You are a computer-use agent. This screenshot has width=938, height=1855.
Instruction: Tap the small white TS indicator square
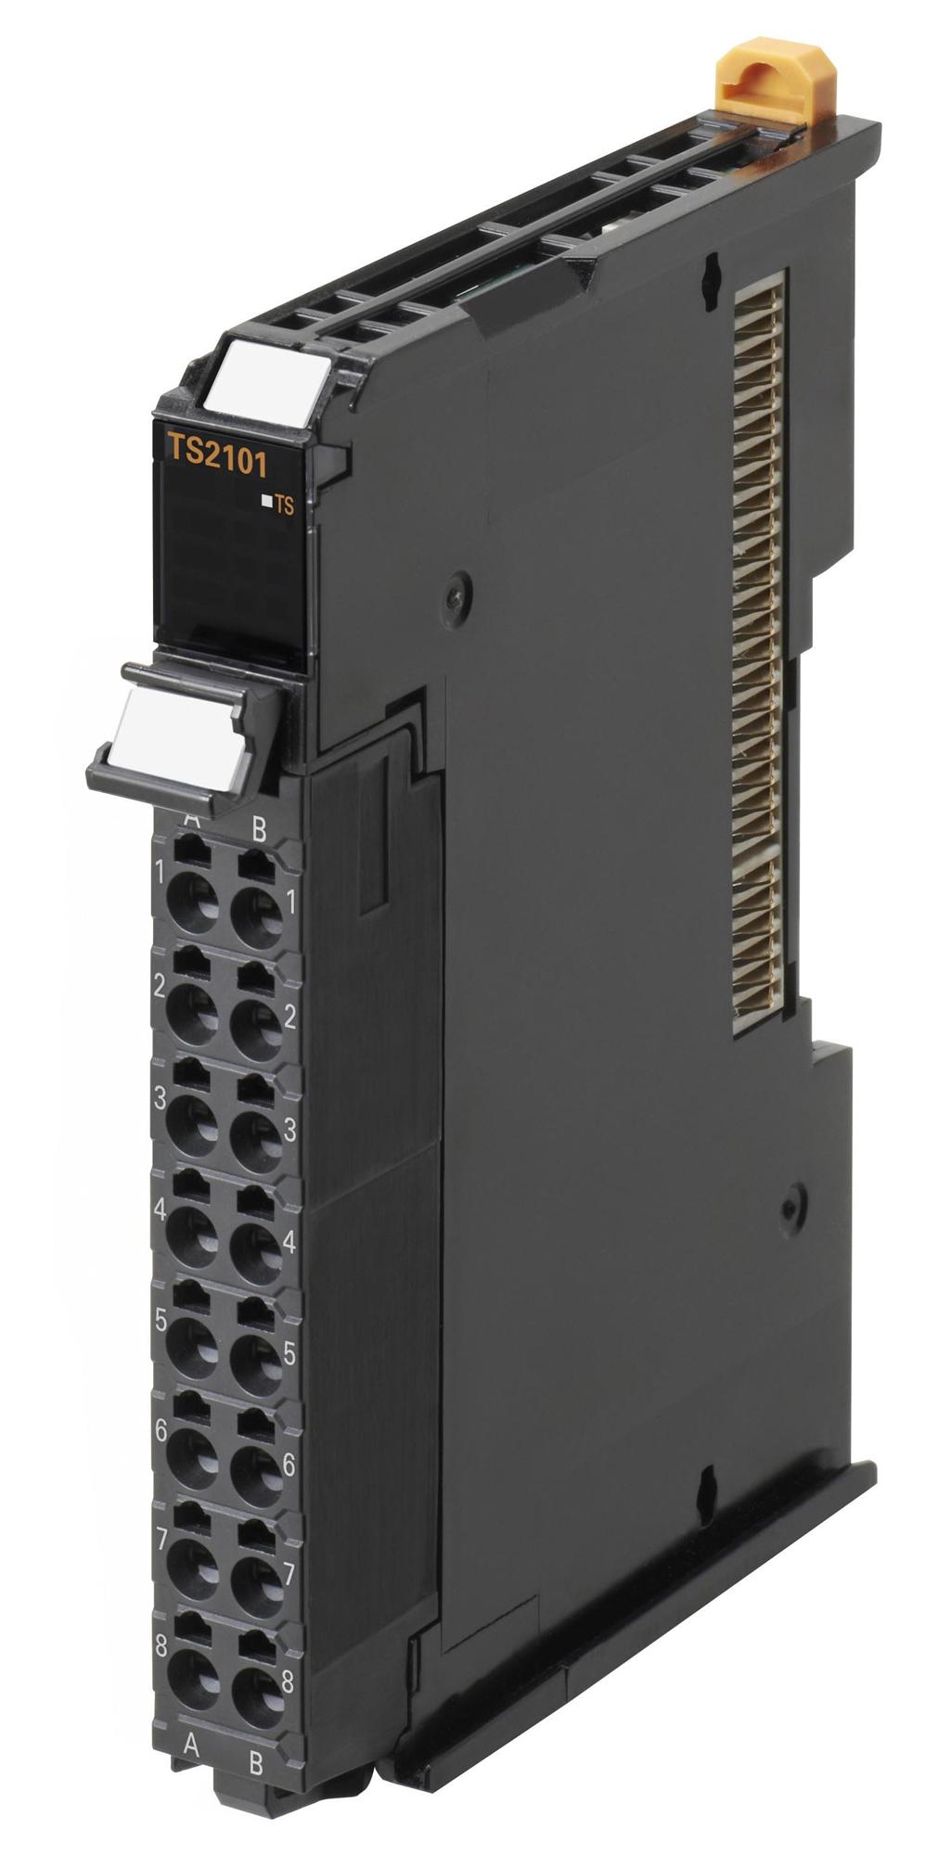(266, 502)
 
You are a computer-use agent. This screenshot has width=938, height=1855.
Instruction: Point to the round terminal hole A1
(194, 896)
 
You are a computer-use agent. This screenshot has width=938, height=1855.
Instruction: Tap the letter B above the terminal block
(258, 829)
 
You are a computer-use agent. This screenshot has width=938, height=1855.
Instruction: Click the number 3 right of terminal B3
(289, 1130)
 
